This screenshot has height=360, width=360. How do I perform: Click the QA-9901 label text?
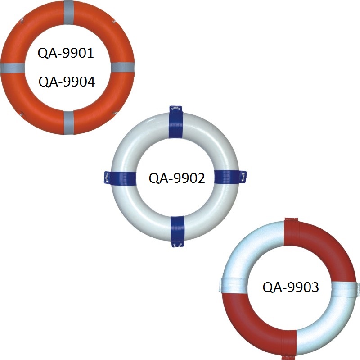[66, 53]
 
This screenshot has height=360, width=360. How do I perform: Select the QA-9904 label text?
[67, 82]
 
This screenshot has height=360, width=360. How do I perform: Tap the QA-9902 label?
[177, 178]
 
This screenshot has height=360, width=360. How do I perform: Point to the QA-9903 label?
[291, 287]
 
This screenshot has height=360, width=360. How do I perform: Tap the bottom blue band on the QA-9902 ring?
[177, 230]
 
